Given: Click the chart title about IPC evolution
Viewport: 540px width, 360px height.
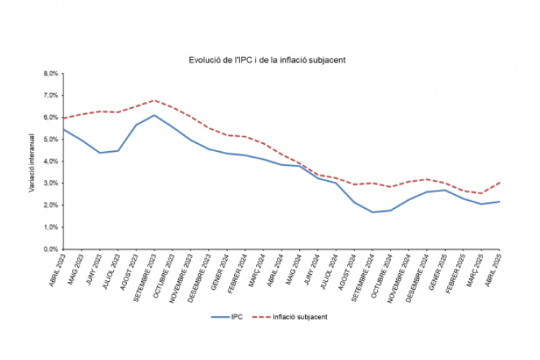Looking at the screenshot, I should pyautogui.click(x=266, y=60).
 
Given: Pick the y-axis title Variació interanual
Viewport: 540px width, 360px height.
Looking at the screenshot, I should pyautogui.click(x=31, y=162).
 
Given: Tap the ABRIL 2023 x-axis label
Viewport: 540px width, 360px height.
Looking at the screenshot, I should pyautogui.click(x=55, y=269).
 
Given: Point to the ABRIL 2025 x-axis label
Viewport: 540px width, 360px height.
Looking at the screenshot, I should pyautogui.click(x=493, y=269).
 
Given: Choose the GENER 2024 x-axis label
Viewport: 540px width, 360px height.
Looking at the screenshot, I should pyautogui.click(x=220, y=269).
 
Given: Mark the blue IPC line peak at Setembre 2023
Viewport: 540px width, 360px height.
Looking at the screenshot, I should pyautogui.click(x=154, y=115).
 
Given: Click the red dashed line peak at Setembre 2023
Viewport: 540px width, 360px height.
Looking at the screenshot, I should pyautogui.click(x=154, y=100).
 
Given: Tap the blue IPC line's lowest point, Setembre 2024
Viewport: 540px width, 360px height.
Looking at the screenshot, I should pyautogui.click(x=373, y=212).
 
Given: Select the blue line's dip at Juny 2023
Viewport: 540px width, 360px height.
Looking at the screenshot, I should pyautogui.click(x=99, y=153).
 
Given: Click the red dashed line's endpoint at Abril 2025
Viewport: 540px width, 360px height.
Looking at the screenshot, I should pyautogui.click(x=500, y=182).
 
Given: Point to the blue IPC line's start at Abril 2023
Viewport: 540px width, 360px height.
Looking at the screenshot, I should pyautogui.click(x=63, y=129).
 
